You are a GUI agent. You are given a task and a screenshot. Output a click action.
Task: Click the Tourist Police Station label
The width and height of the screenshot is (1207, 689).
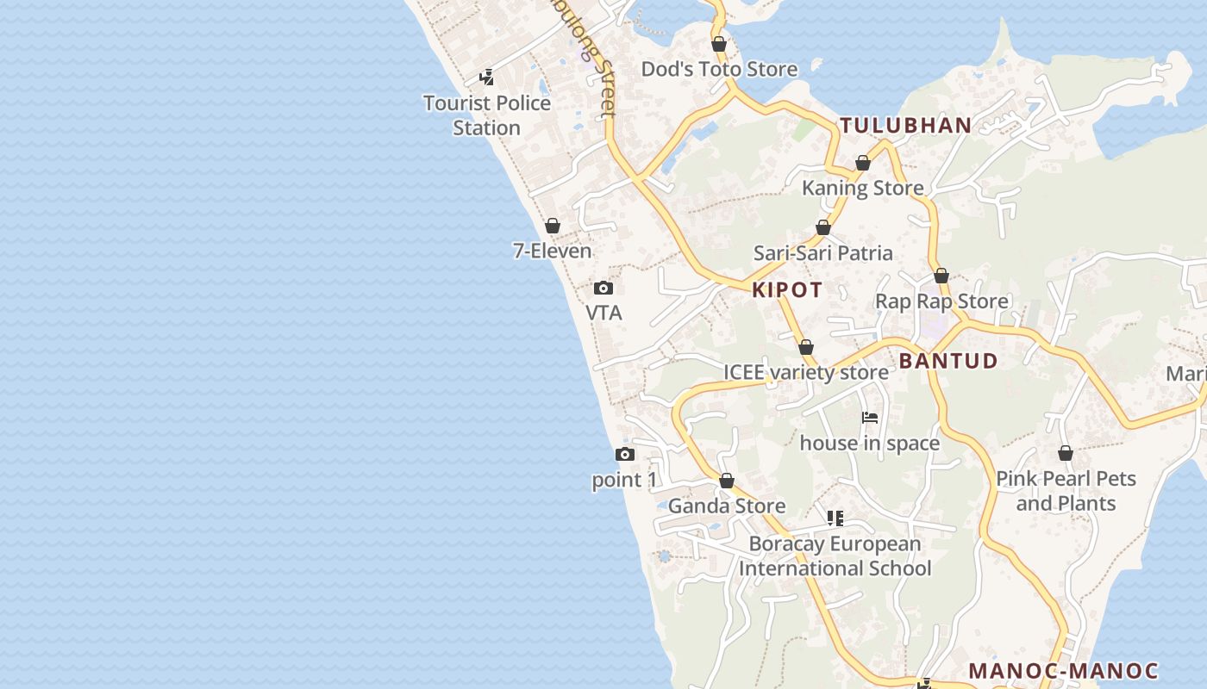tap(487, 115)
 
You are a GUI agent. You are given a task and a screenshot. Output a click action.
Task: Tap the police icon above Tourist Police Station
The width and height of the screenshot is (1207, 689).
tap(487, 78)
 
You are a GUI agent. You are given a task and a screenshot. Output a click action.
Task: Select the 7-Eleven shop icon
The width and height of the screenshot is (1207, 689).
tap(553, 226)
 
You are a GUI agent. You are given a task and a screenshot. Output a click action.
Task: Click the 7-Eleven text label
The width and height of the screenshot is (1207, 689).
tap(553, 251)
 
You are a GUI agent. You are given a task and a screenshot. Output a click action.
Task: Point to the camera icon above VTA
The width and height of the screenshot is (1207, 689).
tap(603, 288)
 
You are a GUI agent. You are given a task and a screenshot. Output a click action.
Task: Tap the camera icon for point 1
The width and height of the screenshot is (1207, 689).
tap(625, 454)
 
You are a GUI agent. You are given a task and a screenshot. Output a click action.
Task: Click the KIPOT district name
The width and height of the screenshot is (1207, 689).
tap(787, 289)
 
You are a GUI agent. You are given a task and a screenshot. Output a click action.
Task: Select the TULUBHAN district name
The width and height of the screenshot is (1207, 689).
tap(906, 125)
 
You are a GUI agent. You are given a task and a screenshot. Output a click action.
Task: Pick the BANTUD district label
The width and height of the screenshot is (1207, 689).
tap(948, 361)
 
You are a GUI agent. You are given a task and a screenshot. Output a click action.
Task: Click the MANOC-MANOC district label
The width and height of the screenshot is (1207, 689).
tap(1064, 670)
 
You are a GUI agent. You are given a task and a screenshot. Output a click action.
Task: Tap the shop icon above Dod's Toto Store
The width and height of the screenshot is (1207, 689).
tap(719, 44)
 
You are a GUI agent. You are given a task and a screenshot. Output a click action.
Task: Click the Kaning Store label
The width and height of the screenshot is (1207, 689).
tap(863, 188)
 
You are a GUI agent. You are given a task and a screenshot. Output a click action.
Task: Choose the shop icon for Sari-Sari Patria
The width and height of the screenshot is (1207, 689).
tap(823, 227)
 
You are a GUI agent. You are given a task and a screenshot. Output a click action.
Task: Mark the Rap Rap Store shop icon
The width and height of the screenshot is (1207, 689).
tap(941, 276)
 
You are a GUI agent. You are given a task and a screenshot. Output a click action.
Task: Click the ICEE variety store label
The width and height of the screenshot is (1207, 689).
tap(806, 372)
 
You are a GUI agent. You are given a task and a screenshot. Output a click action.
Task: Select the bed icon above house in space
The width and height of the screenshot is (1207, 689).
tap(870, 418)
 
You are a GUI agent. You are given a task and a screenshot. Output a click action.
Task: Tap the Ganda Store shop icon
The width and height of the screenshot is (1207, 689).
tap(727, 481)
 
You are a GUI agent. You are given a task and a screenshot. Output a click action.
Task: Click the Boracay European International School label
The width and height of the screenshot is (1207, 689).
tap(835, 556)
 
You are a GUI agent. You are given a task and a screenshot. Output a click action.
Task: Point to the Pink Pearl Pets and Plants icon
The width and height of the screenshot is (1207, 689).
tap(1066, 453)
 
